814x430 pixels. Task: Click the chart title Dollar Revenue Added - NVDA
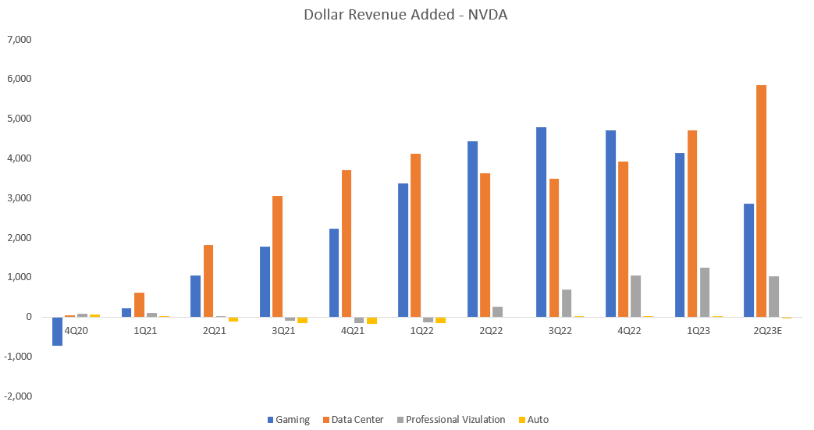(406, 15)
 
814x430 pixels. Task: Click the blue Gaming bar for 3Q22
(542, 222)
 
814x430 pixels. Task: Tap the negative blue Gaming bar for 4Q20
(57, 331)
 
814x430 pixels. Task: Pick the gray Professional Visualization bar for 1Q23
(704, 292)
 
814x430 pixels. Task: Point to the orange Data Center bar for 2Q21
(208, 281)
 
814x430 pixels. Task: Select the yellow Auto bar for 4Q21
(371, 320)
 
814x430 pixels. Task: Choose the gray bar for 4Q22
(635, 296)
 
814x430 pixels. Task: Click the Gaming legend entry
(288, 420)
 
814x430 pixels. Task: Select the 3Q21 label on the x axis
(283, 330)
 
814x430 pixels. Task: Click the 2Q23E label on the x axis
(767, 330)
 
